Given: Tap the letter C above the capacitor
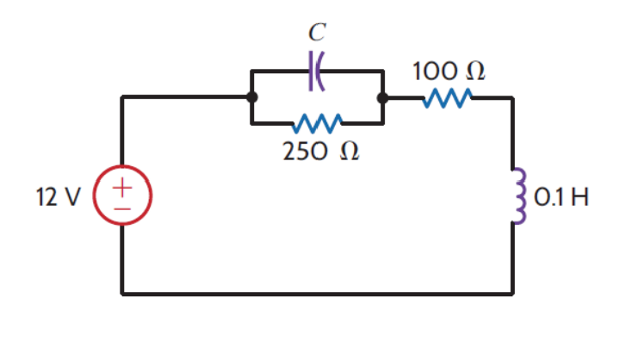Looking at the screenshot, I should (317, 33).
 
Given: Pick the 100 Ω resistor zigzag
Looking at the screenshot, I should (446, 98).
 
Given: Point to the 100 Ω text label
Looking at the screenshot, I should (449, 71).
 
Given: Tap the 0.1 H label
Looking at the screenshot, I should (561, 197).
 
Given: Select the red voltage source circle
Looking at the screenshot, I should (123, 196).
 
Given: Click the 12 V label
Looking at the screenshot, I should (58, 197).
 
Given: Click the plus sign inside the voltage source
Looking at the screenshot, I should (123, 186).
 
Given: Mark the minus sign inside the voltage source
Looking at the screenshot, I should (123, 208).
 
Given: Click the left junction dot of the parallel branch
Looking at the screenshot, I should (251, 98).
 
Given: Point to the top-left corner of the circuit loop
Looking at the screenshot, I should (123, 98).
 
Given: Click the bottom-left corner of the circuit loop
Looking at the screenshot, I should (123, 294).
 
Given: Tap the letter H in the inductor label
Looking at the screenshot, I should (579, 197).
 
